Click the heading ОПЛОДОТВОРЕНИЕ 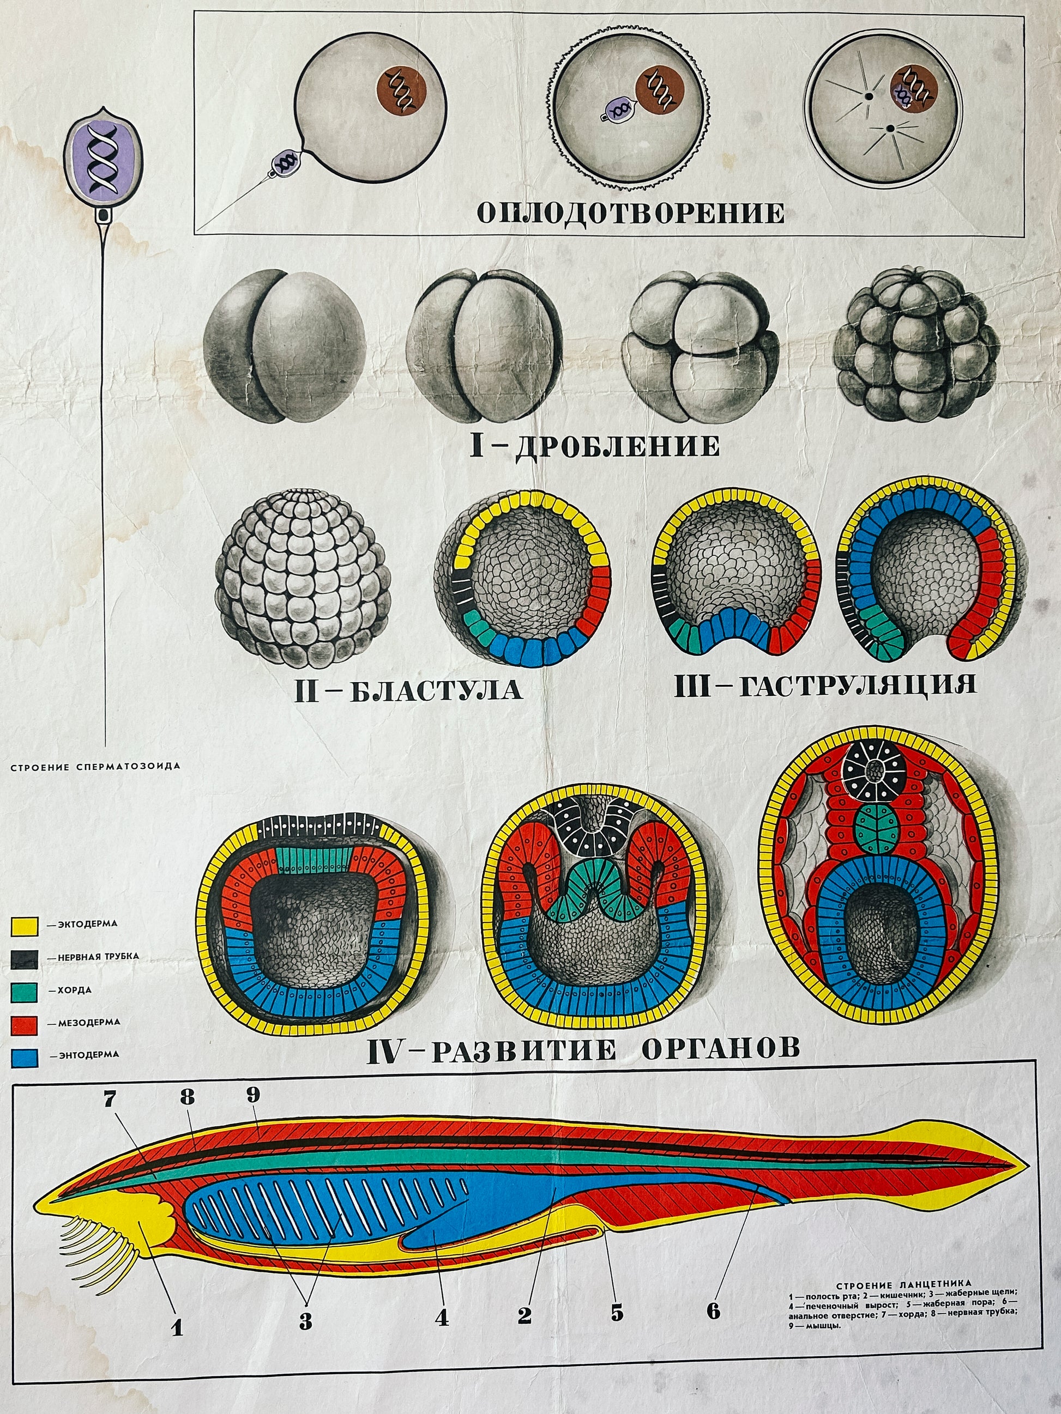[631, 213]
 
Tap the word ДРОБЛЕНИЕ [618, 446]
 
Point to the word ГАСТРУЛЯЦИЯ [858, 686]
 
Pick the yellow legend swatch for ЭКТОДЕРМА [25, 926]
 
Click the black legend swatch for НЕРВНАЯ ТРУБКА [25, 959]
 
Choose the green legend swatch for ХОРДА [25, 992]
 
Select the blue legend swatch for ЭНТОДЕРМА [25, 1058]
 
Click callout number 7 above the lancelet [111, 1099]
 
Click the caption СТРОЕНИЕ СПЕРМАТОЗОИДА [95, 766]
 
